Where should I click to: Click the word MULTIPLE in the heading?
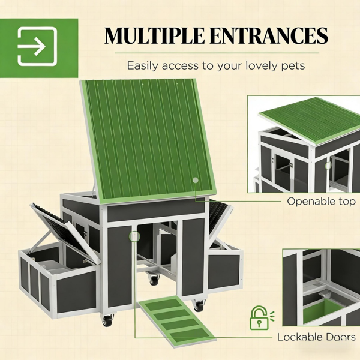click(x=154, y=35)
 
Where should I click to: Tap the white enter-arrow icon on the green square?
click(x=37, y=46)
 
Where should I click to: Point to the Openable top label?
click(x=321, y=202)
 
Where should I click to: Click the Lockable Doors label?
click(x=316, y=337)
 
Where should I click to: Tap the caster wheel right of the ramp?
click(x=198, y=305)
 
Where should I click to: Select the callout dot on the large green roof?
click(x=196, y=180)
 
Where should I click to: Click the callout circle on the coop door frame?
click(x=134, y=236)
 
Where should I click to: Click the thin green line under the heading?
click(x=217, y=53)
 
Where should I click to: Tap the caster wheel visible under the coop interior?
click(x=154, y=278)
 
